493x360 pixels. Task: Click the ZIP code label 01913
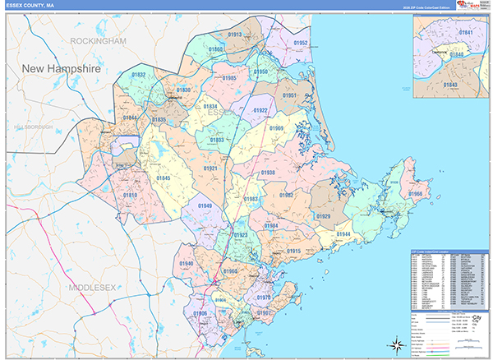pos(235,35)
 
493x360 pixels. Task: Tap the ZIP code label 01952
pos(301,43)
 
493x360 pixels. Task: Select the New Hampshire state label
pos(61,69)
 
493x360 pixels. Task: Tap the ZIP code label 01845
pos(164,178)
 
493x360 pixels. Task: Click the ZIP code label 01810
pos(130,195)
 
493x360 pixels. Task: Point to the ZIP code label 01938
pos(268,173)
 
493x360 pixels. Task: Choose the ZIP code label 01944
pos(343,234)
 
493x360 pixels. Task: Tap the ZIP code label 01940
pos(187,264)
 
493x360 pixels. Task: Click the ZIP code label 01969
pos(277,128)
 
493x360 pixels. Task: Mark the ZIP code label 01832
pos(139,75)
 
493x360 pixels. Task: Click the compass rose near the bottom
pos(395,344)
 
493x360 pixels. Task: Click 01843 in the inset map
pos(451,84)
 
